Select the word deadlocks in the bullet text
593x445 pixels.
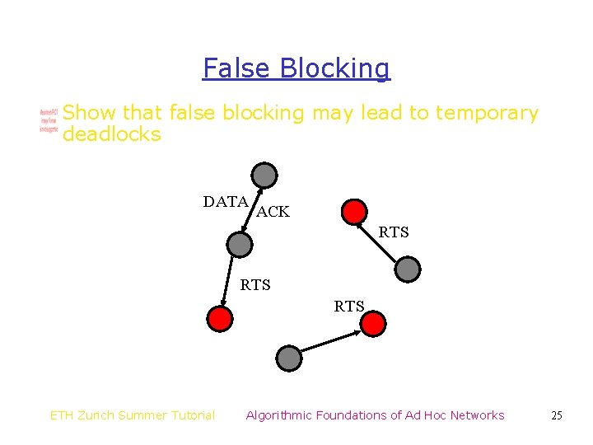point(111,134)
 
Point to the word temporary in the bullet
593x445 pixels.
point(487,114)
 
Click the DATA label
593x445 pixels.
point(226,202)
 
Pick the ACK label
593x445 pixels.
point(273,212)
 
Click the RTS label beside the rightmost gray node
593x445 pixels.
point(394,232)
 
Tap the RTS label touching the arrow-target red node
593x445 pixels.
point(349,307)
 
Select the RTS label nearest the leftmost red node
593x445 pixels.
point(255,285)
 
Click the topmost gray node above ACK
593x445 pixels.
point(264,175)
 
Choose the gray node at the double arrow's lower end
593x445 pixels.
point(239,244)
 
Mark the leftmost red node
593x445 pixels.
point(220,318)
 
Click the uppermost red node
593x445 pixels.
point(354,212)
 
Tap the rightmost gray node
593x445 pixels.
point(407,269)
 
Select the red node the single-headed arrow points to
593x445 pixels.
point(373,324)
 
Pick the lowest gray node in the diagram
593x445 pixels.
point(288,358)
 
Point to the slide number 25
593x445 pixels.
point(557,415)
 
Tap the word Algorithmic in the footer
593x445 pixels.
point(281,415)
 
